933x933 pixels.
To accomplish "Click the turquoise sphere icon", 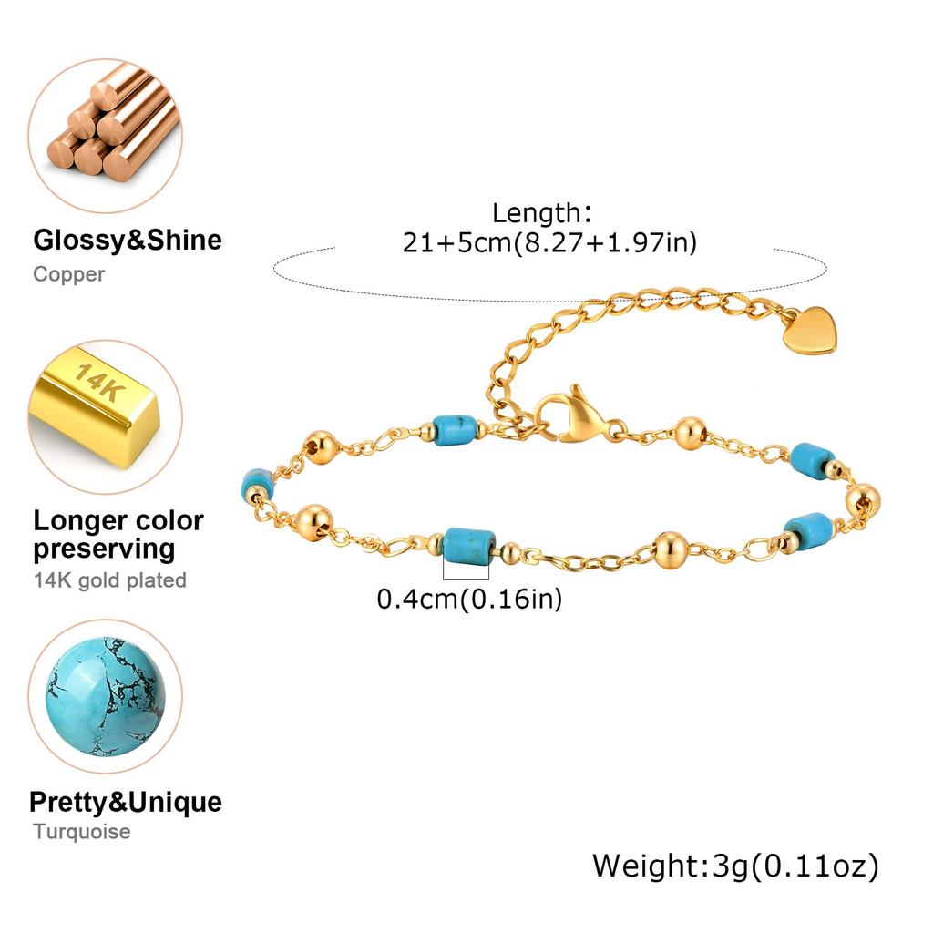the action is click(x=106, y=696).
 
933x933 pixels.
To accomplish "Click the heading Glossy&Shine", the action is click(x=128, y=241).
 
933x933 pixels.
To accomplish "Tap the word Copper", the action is click(x=69, y=274).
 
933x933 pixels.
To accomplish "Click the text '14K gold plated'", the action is click(x=110, y=580).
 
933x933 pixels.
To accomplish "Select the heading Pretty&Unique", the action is click(x=126, y=802).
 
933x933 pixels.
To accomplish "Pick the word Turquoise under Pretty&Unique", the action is click(x=82, y=831).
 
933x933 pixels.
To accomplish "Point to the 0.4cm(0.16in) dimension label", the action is click(x=469, y=599).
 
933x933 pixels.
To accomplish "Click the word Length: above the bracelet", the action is click(x=542, y=213).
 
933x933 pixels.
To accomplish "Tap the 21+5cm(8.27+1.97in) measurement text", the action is click(x=549, y=242).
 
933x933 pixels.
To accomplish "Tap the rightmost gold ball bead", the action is click(x=862, y=502).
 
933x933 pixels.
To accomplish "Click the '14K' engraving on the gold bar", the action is click(x=100, y=382).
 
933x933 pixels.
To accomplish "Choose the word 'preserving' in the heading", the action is click(x=104, y=550).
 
